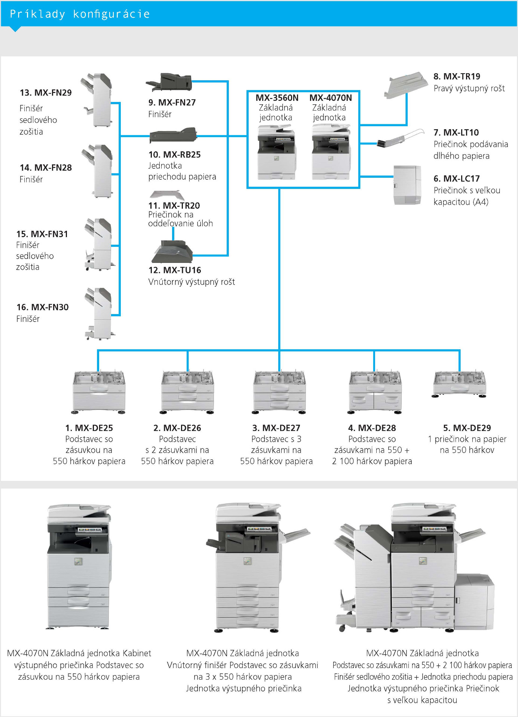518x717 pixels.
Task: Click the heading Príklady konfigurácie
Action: tap(80, 14)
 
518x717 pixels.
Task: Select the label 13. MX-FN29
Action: tap(46, 93)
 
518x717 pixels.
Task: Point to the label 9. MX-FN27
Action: tap(172, 102)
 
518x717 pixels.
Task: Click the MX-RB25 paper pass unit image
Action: tap(173, 135)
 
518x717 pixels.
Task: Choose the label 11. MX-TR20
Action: tap(174, 205)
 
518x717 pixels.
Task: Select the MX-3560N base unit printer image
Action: tap(276, 152)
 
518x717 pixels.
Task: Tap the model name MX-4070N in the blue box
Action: tap(331, 98)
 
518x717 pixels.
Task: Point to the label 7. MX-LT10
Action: tap(456, 132)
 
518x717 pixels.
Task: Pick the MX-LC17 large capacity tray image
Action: tap(407, 185)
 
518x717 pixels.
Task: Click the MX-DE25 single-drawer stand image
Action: tap(99, 392)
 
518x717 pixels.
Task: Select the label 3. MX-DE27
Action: tap(276, 428)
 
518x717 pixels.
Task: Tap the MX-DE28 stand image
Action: tap(375, 392)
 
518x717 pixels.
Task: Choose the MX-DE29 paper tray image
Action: tap(460, 384)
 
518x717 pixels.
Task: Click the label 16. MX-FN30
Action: tap(43, 307)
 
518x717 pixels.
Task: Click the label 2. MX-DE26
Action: tap(177, 428)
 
